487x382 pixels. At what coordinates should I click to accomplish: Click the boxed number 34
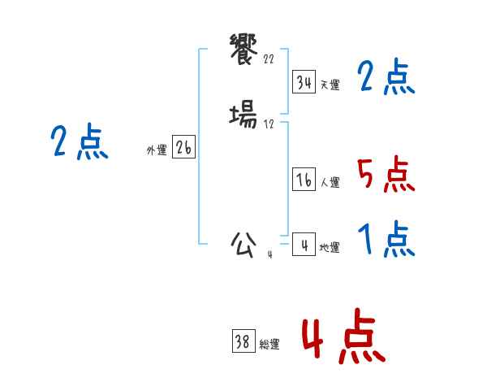pos(304,81)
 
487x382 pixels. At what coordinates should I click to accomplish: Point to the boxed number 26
pos(183,148)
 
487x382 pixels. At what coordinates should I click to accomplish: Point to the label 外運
pos(157,150)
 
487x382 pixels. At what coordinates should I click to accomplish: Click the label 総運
pos(269,345)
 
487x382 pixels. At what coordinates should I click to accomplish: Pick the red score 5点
pos(386,173)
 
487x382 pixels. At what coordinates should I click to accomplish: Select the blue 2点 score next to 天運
pos(386,77)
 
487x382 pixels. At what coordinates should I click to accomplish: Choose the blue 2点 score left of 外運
pos(79,141)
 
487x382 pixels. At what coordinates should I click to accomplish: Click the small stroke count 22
pos(269,59)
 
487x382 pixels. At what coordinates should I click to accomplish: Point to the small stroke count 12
pos(269,124)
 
